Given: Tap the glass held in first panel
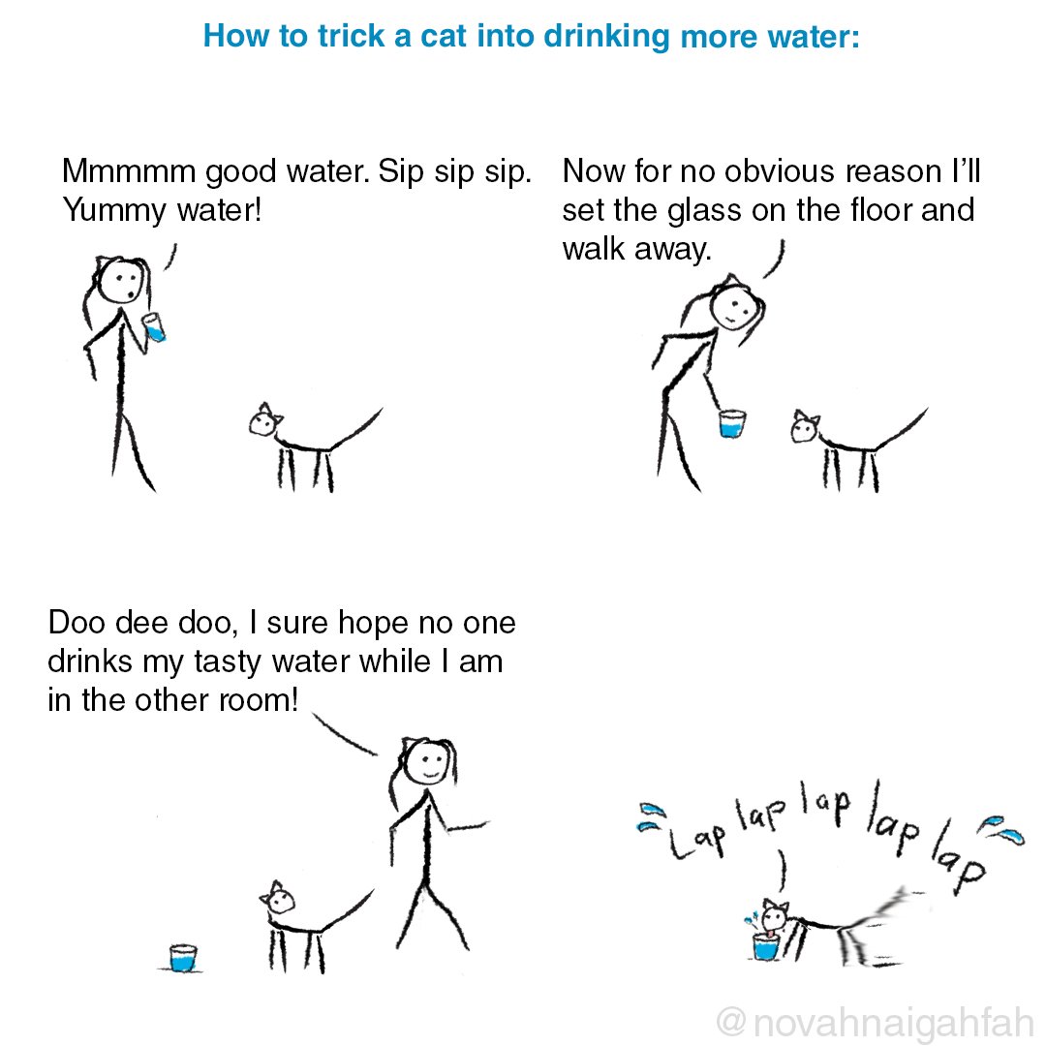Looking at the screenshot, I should (154, 326).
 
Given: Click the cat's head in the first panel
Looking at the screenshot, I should (263, 421).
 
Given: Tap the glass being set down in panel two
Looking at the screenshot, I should (732, 423).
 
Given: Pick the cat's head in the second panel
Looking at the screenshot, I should (804, 425).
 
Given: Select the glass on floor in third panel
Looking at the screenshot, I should (183, 957).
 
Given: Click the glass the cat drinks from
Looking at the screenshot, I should (765, 946).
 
